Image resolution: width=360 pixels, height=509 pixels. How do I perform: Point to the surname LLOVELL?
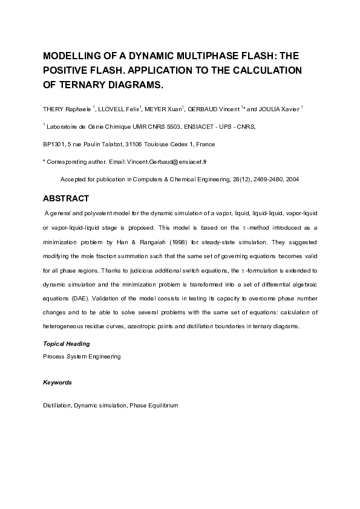[111, 109]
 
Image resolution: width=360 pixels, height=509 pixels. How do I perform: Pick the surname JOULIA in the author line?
[275, 109]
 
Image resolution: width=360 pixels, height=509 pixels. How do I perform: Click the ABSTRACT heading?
[66, 199]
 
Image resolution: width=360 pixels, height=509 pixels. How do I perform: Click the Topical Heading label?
[66, 343]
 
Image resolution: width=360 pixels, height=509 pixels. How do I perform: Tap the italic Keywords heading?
[57, 383]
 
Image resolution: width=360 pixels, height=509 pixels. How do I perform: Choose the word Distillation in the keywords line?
[57, 405]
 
